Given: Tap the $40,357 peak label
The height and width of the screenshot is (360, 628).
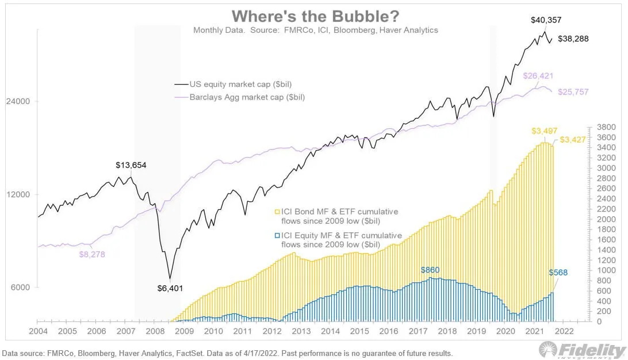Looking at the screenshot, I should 546,20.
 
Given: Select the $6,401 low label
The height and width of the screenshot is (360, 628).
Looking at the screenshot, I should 170,289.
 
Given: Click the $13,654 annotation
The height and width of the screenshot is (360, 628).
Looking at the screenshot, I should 132,165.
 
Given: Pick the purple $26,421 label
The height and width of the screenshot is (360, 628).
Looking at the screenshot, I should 539,75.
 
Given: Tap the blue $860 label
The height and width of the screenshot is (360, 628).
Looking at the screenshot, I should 430,269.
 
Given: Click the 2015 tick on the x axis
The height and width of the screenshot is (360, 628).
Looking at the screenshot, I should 359,331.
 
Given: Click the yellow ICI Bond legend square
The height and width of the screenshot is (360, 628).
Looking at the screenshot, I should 277,212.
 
